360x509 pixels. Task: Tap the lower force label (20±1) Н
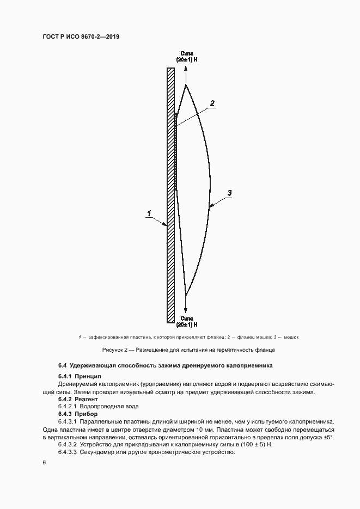click(186, 324)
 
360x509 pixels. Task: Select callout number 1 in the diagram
click(149, 214)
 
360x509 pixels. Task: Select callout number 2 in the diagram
click(212, 103)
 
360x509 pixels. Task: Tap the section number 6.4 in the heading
click(62, 365)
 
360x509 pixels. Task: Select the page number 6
click(44, 463)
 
